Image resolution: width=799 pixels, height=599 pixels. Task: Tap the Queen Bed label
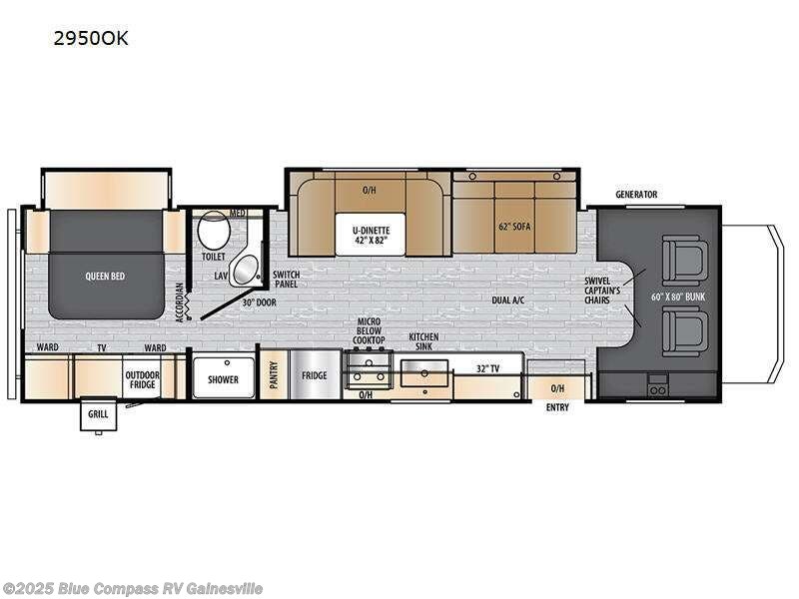[x=105, y=276]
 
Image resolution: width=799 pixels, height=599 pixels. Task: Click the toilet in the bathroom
[x=212, y=234]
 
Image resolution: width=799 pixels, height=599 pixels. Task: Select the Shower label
[x=223, y=379]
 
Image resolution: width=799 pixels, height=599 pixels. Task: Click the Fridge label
[x=315, y=377]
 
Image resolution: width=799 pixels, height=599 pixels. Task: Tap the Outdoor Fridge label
[x=142, y=379]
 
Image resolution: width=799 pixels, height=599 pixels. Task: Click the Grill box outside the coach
[x=98, y=413]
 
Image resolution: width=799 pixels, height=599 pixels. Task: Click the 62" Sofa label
[x=514, y=227]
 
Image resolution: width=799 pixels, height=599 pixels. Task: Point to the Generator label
[x=636, y=195]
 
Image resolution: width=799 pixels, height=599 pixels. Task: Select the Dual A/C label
[x=509, y=299]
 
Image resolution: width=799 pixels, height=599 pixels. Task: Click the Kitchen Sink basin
[x=423, y=373]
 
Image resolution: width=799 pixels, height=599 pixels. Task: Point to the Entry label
[x=557, y=407]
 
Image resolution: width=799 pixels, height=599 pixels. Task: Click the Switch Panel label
[x=286, y=279]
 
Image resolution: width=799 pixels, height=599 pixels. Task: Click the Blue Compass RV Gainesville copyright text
[x=133, y=588]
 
